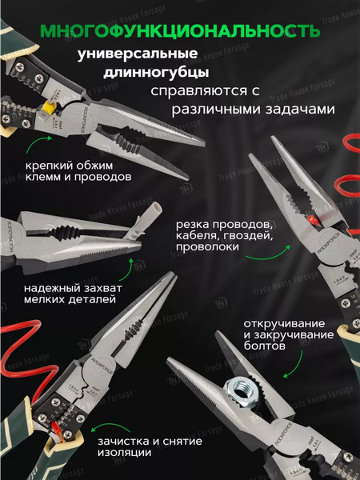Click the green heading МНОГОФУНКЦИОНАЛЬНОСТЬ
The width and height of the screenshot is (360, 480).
179,31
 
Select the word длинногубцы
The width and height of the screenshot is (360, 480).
150,74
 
